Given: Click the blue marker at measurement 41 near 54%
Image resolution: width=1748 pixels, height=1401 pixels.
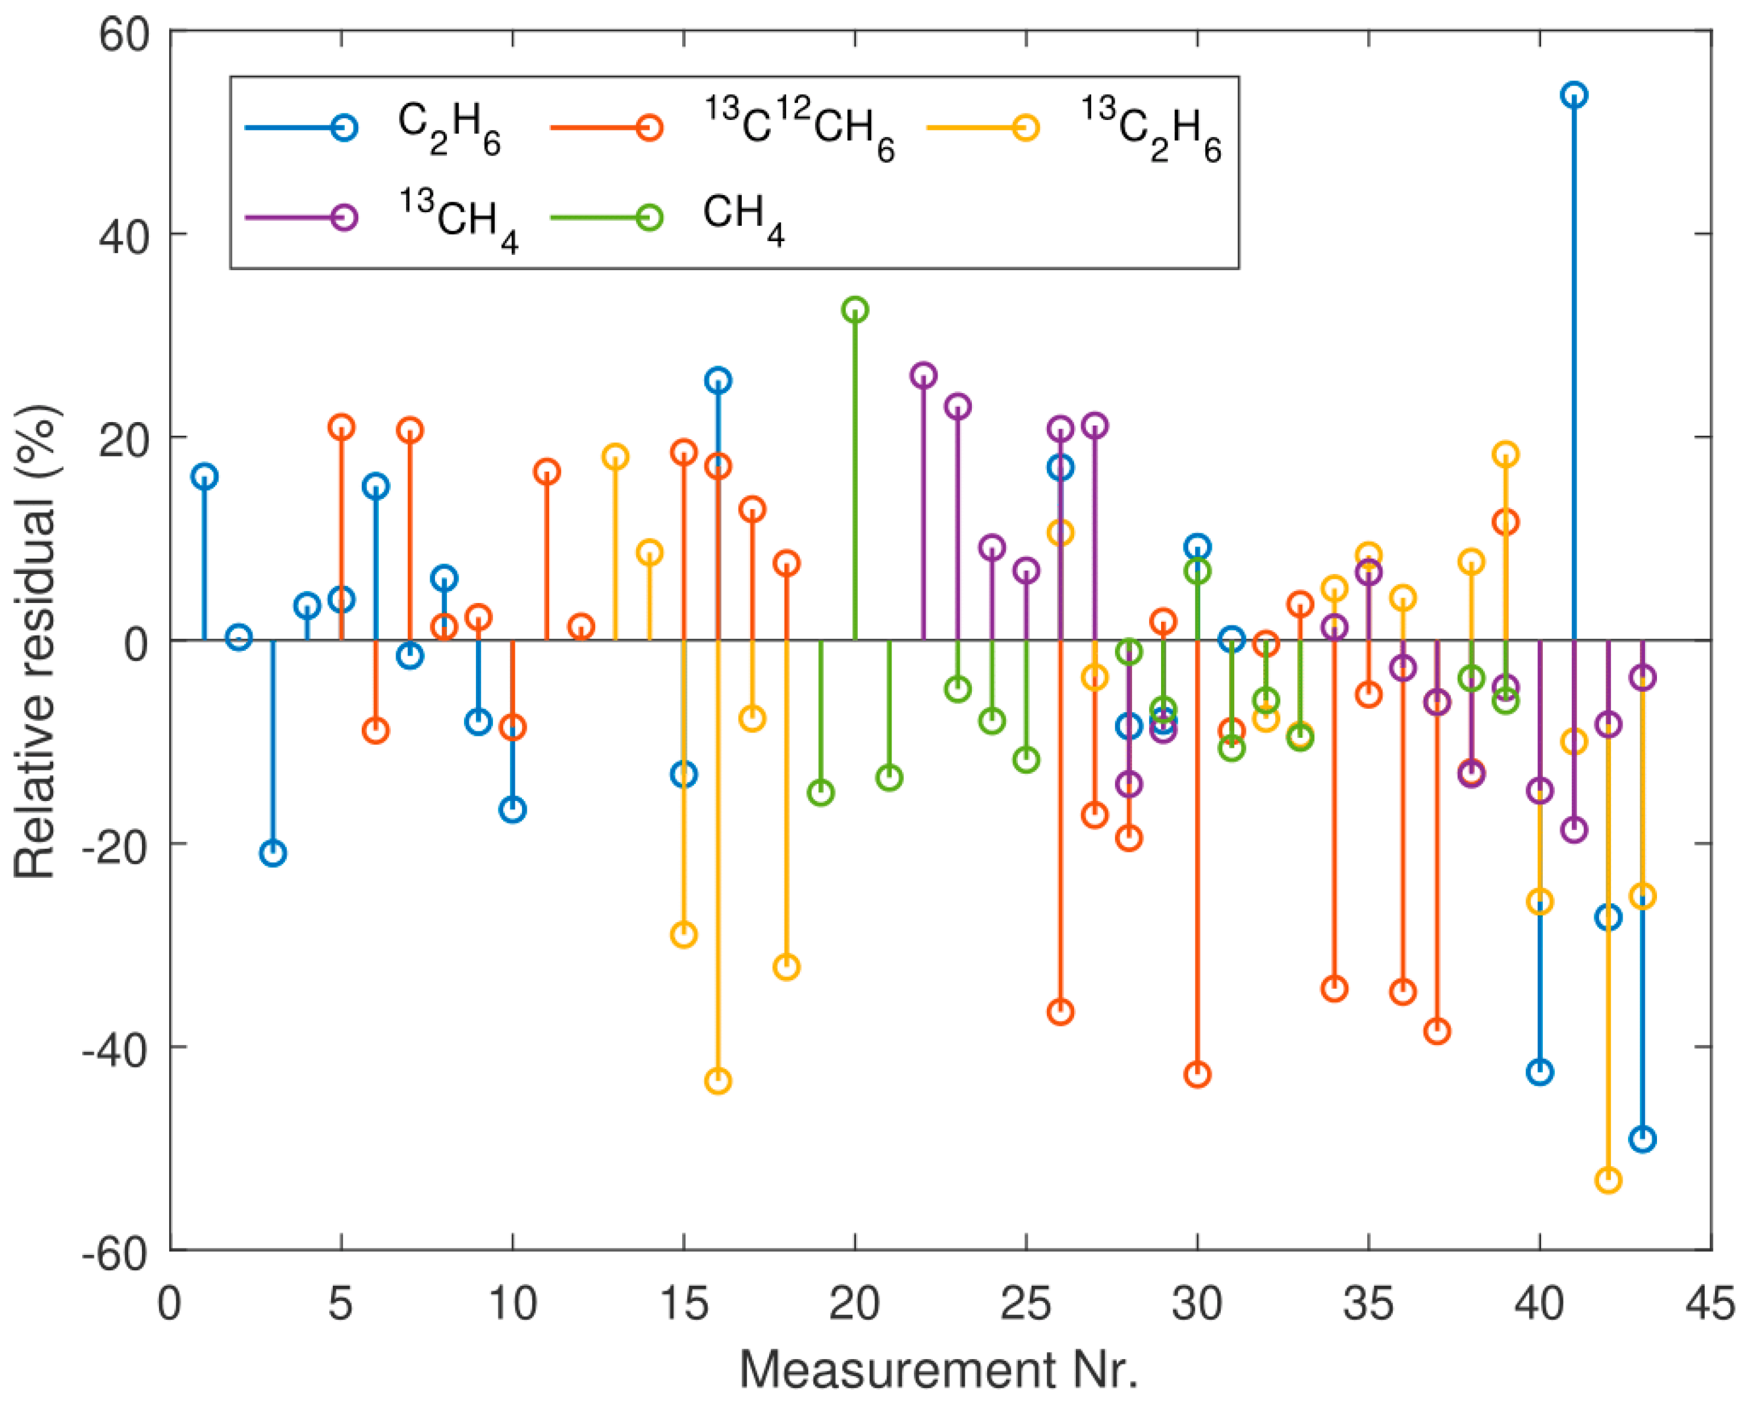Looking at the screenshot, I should coord(1574,95).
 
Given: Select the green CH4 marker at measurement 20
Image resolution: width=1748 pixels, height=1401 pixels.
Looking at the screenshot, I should coord(855,310).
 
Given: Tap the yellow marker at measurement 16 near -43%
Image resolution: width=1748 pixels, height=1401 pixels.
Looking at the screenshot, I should coord(718,1081).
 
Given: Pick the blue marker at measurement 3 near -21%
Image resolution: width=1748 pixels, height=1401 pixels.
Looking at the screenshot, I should coord(273,853).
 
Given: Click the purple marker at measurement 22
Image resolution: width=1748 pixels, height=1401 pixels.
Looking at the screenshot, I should coord(923,375).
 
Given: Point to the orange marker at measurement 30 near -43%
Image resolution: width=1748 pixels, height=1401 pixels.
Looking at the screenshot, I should coord(1198,1075).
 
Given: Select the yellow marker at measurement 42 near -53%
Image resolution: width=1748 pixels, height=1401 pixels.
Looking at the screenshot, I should coord(1608,1180).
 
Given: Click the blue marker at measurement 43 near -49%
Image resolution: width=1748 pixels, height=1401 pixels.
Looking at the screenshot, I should coord(1643,1139).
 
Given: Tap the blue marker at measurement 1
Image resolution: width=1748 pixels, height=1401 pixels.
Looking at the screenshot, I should coord(205,476).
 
